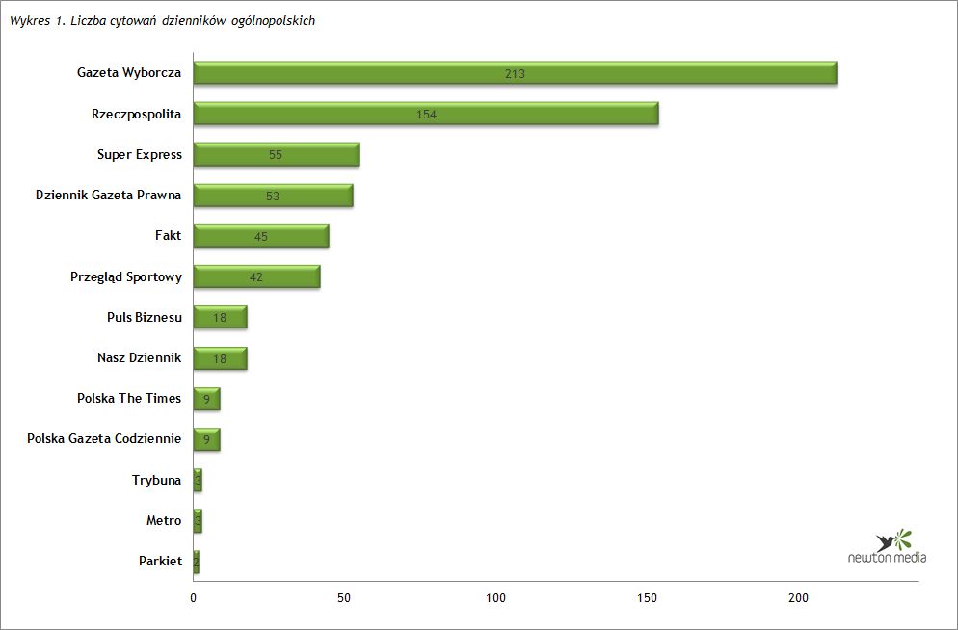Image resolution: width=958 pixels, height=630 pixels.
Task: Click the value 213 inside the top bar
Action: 515,74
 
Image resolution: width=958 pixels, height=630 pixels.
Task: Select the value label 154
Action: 426,115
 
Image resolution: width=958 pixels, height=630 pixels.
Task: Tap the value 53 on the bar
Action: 273,197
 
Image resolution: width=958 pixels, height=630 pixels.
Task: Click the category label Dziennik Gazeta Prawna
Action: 108,195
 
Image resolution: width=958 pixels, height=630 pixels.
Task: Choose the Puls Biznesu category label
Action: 145,317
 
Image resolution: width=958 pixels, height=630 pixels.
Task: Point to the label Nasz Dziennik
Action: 139,357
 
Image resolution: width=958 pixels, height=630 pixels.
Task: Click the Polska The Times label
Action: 129,398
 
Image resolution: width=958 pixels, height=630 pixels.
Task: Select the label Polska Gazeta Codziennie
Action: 104,438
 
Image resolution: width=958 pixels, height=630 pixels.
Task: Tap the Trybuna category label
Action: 156,479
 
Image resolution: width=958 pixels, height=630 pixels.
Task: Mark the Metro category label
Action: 164,520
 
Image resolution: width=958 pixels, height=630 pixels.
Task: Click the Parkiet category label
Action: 160,561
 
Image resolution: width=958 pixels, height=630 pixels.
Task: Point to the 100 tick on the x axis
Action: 496,598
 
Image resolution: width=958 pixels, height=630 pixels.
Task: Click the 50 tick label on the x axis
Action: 345,598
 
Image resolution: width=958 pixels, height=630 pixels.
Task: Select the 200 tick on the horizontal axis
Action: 799,598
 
